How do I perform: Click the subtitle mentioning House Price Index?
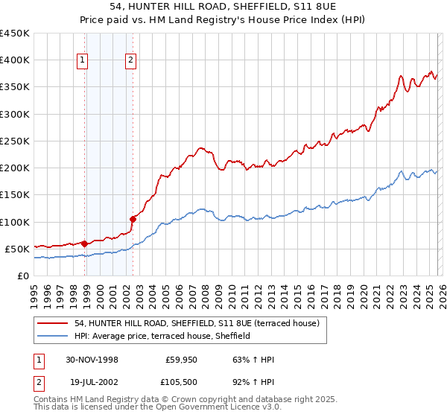point(223,21)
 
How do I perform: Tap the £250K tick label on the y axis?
point(15,141)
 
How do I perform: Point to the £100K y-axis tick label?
point(15,222)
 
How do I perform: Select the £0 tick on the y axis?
point(24,276)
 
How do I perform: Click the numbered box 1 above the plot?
point(82,61)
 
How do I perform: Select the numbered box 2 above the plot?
point(130,61)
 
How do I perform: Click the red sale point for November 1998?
point(85,243)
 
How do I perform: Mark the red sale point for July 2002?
point(133,219)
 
